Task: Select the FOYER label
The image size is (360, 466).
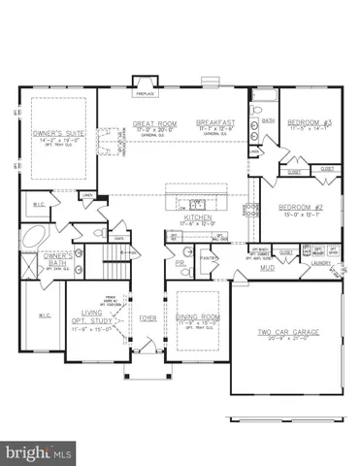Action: (x=147, y=317)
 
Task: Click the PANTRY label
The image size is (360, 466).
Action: (x=207, y=258)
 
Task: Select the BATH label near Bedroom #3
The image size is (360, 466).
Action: (x=268, y=121)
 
